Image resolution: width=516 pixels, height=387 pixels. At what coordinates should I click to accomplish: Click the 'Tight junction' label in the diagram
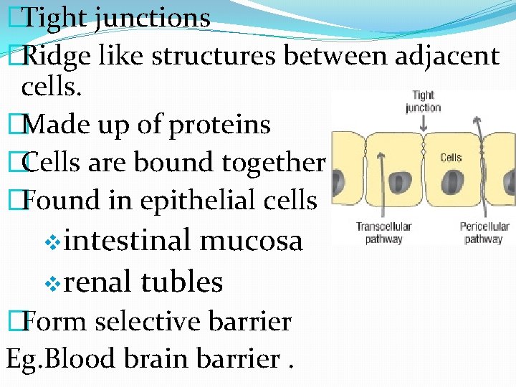coord(423,101)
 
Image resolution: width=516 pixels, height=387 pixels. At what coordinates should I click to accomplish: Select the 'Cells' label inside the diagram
coord(451,158)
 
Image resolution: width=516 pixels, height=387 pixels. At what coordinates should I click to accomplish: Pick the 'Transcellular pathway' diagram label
coord(384,232)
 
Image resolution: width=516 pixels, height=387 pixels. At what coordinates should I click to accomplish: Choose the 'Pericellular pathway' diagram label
coord(483,232)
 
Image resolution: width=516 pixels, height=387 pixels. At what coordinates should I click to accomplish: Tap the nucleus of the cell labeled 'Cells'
coord(452,183)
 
